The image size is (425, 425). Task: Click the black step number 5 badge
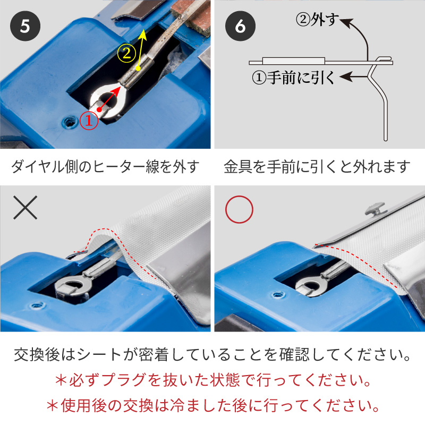(25, 26)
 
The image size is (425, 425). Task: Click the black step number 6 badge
(240, 26)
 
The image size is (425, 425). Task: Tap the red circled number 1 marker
(89, 121)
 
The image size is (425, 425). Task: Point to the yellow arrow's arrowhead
(143, 35)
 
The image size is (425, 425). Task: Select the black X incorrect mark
(25, 208)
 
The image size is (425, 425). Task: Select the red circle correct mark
(239, 209)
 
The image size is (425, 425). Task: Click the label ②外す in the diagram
(317, 20)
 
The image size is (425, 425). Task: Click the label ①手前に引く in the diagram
(294, 78)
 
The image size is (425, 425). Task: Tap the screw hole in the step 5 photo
(70, 122)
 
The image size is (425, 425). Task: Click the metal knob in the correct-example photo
(375, 208)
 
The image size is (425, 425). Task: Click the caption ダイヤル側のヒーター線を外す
(105, 166)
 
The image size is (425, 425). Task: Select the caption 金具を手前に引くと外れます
(317, 166)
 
